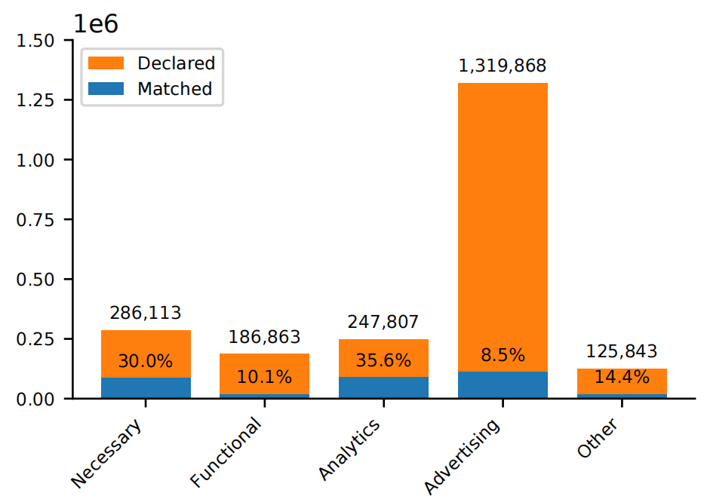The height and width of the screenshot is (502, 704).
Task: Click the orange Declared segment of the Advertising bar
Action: coord(503,226)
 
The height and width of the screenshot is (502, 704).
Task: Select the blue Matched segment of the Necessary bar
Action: coord(146,387)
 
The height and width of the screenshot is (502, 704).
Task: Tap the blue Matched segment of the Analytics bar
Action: coord(383,387)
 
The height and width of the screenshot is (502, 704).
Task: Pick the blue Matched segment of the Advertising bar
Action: coord(503,384)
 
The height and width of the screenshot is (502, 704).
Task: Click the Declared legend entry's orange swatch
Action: coord(106,63)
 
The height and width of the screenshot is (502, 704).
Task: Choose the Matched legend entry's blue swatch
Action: coord(106,88)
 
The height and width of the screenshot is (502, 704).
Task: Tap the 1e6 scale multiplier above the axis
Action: coord(95,24)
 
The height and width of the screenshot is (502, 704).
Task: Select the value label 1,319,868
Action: coord(503,66)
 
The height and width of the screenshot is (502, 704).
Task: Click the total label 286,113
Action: coord(146,313)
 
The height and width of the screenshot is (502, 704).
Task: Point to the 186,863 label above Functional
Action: coord(264,337)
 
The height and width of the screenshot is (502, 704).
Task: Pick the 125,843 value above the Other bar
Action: coord(621,352)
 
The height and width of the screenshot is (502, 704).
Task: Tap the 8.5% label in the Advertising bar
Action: coord(503,356)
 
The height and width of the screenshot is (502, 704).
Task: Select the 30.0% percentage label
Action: coord(146,361)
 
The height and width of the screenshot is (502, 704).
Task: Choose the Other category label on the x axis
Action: coord(598,439)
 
